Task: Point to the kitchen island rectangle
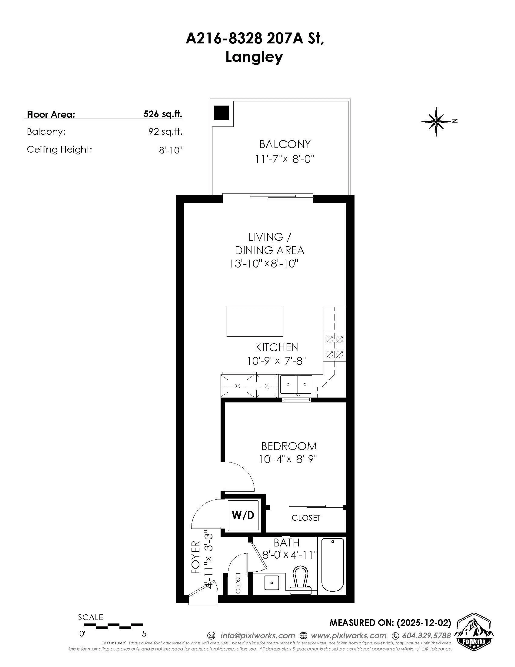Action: point(255,322)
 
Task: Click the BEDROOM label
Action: point(289,446)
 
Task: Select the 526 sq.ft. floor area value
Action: point(163,114)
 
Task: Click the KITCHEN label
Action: point(277,347)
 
